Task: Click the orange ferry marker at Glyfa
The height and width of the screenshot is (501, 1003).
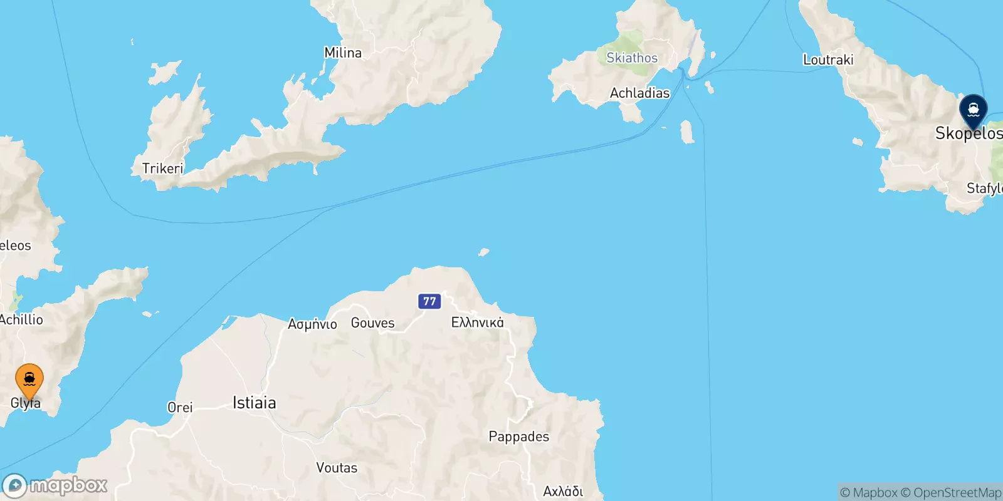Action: coord(29,380)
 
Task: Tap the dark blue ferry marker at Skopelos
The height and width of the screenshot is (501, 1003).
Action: coord(973,111)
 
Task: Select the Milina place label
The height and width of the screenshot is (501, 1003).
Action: coord(343,53)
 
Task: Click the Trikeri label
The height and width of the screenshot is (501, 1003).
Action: coord(162,168)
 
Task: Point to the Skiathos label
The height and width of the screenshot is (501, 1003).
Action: coord(632,58)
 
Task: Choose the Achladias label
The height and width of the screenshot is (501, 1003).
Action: coord(639,93)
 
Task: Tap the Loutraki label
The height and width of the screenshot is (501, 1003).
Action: coord(828,59)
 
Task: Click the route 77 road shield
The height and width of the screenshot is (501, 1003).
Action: coord(429,301)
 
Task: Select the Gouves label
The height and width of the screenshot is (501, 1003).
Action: coord(372,323)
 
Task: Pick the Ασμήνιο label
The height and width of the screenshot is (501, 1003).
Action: coord(312,324)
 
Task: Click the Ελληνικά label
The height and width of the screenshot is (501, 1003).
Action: coord(477,323)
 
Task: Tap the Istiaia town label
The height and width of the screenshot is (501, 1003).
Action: coord(254,402)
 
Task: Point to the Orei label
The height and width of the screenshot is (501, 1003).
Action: coord(180,407)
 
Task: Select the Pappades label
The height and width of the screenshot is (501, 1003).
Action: coord(518,436)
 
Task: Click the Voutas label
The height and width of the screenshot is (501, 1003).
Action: coord(337,468)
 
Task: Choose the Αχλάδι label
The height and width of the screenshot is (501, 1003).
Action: coord(563,491)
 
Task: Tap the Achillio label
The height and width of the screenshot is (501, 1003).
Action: coord(21,319)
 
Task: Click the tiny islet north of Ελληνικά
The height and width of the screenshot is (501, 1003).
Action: coord(483,252)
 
